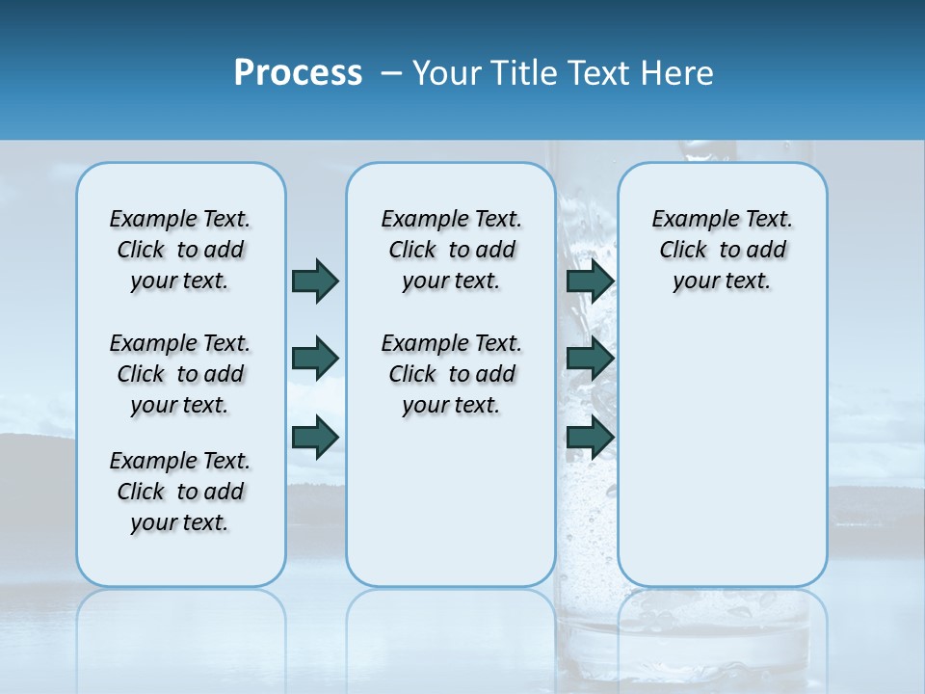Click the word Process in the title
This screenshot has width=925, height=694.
298,73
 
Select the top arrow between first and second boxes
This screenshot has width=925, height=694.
315,280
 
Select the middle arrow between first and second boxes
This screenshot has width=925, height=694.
315,359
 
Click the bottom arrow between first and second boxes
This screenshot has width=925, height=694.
315,437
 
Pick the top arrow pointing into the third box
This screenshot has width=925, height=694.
590,280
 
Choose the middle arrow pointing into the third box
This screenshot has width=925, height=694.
590,359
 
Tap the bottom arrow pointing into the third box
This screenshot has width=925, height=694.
590,437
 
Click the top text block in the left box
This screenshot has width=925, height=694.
180,250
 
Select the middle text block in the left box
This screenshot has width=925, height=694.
180,374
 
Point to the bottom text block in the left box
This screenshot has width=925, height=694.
180,492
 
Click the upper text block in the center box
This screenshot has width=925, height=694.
451,250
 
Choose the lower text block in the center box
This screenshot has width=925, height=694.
451,374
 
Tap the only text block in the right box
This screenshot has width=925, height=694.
722,250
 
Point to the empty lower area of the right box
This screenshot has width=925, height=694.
722,453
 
